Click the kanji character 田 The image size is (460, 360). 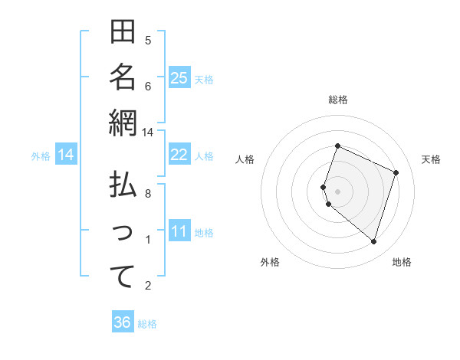(123, 33)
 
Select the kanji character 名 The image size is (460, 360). (123, 77)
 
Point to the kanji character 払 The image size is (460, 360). (123, 186)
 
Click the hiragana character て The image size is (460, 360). (123, 277)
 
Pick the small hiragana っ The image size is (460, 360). (123, 233)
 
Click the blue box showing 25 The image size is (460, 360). (179, 78)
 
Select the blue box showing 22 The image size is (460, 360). (179, 155)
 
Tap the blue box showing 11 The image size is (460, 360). (179, 232)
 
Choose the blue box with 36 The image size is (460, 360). (122, 322)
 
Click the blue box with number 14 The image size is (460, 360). (66, 155)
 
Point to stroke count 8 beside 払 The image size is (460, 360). (149, 194)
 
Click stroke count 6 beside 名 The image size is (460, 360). (149, 86)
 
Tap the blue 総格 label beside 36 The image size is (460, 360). (147, 323)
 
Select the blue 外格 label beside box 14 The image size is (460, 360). (41, 156)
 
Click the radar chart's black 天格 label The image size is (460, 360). (431, 159)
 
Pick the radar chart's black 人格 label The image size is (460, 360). (245, 159)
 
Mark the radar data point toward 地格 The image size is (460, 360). (373, 242)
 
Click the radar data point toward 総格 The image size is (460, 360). (337, 146)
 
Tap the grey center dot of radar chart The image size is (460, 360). (337, 191)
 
